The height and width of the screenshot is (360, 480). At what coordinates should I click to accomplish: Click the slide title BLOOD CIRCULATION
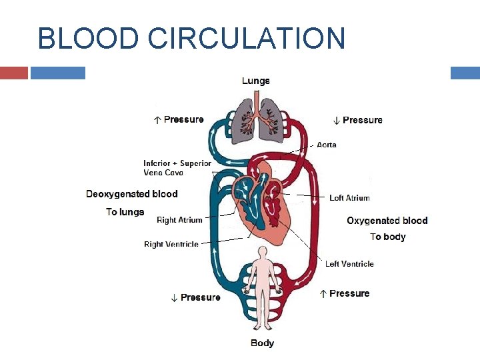click(191, 38)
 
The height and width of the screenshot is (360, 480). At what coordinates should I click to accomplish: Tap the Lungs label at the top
click(255, 81)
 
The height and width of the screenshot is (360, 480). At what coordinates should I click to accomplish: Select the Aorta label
click(327, 145)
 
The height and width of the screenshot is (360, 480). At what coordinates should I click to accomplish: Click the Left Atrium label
click(349, 198)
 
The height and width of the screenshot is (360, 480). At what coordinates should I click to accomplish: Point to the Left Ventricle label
click(349, 264)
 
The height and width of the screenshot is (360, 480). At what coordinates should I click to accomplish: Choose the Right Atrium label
click(179, 220)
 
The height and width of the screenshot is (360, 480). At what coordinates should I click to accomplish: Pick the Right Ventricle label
click(171, 245)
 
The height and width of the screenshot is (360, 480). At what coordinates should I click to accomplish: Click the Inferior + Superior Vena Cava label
click(177, 168)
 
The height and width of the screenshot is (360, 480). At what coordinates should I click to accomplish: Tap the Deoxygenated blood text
click(132, 194)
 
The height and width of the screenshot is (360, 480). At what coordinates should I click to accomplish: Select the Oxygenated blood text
click(387, 221)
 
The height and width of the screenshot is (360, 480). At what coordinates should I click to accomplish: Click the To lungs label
click(125, 212)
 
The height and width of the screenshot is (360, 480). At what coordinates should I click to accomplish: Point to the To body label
click(388, 237)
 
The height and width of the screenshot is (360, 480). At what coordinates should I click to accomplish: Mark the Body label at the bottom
click(262, 343)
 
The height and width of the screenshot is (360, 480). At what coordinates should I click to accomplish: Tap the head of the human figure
click(263, 251)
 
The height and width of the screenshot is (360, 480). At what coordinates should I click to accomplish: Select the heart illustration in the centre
click(260, 200)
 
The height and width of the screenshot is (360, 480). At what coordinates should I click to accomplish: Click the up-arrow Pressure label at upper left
click(179, 120)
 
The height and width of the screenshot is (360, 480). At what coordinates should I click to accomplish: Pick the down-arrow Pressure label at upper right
click(358, 120)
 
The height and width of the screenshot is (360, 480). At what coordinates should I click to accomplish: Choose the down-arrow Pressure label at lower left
click(196, 297)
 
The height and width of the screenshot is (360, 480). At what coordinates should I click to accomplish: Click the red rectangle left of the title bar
click(14, 73)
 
